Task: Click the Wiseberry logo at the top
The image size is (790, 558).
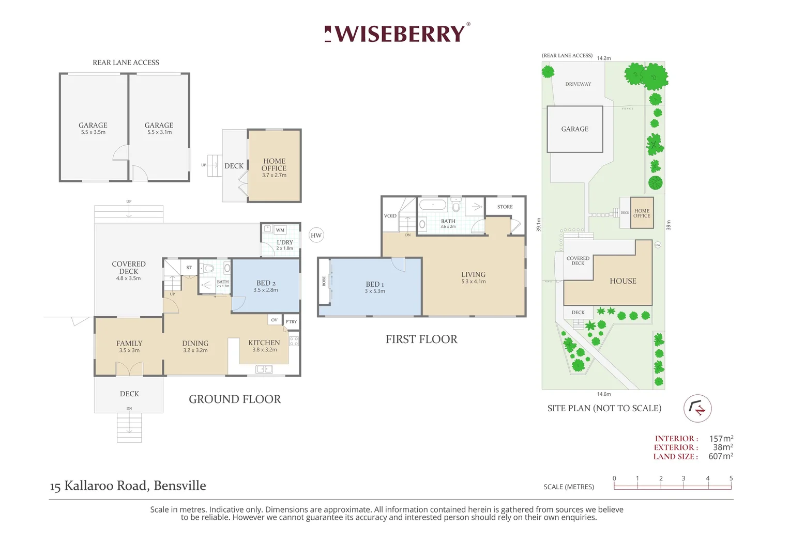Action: click(x=397, y=34)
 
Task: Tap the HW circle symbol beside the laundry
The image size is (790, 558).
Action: click(x=316, y=235)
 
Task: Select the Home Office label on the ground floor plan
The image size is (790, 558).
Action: click(x=274, y=165)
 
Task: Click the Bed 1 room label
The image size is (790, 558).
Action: click(x=375, y=285)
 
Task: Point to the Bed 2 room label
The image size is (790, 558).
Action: click(x=266, y=283)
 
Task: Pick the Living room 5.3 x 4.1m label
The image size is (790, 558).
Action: click(x=474, y=282)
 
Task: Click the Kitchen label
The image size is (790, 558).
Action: click(x=264, y=343)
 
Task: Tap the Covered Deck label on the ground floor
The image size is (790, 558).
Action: click(x=129, y=268)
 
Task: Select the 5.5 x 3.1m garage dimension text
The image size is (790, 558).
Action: click(x=159, y=132)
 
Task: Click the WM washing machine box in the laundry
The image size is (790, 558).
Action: click(x=280, y=230)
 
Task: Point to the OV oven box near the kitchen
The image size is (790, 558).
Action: click(x=275, y=320)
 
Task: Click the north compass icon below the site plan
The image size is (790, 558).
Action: click(x=697, y=408)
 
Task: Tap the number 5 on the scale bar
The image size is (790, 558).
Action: click(x=731, y=478)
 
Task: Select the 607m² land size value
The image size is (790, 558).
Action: click(x=721, y=456)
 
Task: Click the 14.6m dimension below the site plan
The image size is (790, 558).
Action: click(x=604, y=394)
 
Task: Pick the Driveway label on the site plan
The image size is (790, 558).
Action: click(x=578, y=84)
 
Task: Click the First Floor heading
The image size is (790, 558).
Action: click(x=421, y=339)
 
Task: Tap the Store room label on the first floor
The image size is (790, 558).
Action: click(x=505, y=207)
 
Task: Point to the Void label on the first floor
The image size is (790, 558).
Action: click(x=390, y=216)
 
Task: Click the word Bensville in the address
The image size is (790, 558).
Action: click(x=180, y=486)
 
